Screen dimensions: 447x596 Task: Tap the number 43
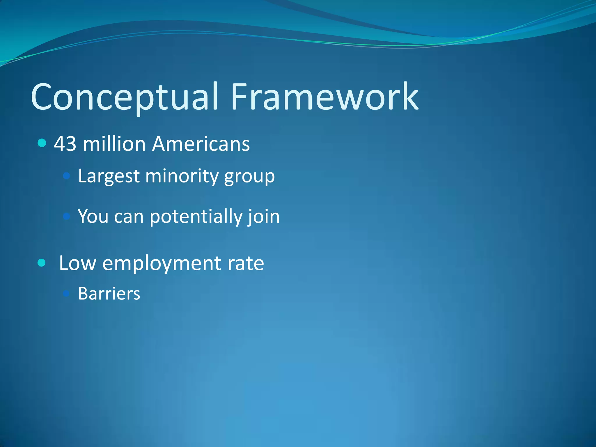coord(65,144)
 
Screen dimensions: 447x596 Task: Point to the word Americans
coord(201,144)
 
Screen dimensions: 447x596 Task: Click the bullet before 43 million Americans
coord(42,143)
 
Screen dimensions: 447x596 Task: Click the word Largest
coord(109,176)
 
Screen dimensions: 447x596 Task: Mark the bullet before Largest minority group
coord(67,176)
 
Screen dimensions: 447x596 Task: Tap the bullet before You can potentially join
coord(67,216)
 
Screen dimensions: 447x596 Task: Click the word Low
coord(77,263)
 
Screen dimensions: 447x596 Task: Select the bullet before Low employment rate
coord(42,263)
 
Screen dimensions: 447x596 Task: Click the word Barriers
coord(109,294)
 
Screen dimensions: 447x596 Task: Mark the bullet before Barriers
coord(67,293)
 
